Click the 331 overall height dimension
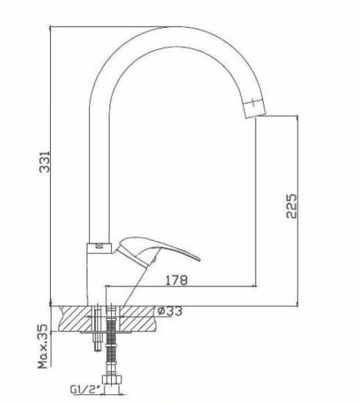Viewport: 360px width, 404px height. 44,162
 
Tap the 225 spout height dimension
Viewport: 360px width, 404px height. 292,206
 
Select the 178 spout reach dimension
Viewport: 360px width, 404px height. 176,280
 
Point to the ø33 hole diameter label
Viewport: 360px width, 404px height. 170,311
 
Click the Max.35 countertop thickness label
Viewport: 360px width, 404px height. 43,346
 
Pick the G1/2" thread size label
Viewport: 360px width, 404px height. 85,389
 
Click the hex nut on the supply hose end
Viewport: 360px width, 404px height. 112,379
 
